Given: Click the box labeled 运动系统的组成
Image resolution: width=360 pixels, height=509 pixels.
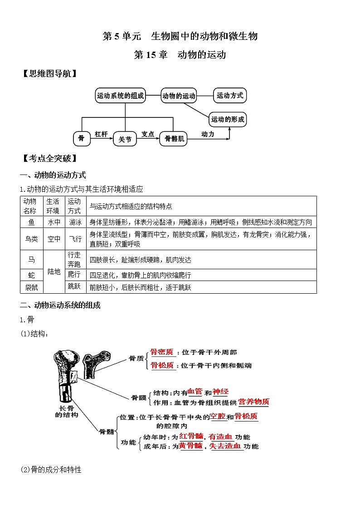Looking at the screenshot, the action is (x=120, y=96).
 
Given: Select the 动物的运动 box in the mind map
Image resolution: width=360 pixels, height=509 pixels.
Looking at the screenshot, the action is (x=179, y=96).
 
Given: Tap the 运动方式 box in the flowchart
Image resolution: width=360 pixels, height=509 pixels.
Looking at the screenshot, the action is (x=230, y=96).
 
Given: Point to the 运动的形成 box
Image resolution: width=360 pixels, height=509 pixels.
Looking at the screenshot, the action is (x=228, y=120).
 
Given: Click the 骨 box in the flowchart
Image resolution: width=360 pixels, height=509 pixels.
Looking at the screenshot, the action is (x=82, y=139).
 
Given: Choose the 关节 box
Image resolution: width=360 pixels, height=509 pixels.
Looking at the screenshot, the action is (x=125, y=140).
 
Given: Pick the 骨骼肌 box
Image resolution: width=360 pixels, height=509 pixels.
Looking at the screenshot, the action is (x=173, y=139).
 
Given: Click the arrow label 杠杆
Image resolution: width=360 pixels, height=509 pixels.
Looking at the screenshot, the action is (x=101, y=134).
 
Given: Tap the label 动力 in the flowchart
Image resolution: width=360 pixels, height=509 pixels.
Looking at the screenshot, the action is (x=208, y=134).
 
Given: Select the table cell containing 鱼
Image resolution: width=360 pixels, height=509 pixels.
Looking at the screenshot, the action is (x=31, y=222).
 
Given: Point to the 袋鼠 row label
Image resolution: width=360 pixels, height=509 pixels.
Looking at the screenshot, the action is (x=31, y=287).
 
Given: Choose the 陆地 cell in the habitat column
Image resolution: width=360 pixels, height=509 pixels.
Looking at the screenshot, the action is (x=54, y=271).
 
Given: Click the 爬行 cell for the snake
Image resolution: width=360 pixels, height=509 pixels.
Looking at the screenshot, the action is (x=74, y=275).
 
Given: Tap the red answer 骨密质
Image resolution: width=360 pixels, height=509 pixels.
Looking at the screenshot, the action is (x=162, y=352).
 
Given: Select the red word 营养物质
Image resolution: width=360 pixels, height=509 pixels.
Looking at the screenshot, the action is (x=253, y=402).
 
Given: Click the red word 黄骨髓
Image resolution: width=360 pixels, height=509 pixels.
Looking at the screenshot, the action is (x=190, y=446).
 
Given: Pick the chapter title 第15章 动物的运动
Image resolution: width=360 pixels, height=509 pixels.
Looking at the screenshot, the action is (x=180, y=55).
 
